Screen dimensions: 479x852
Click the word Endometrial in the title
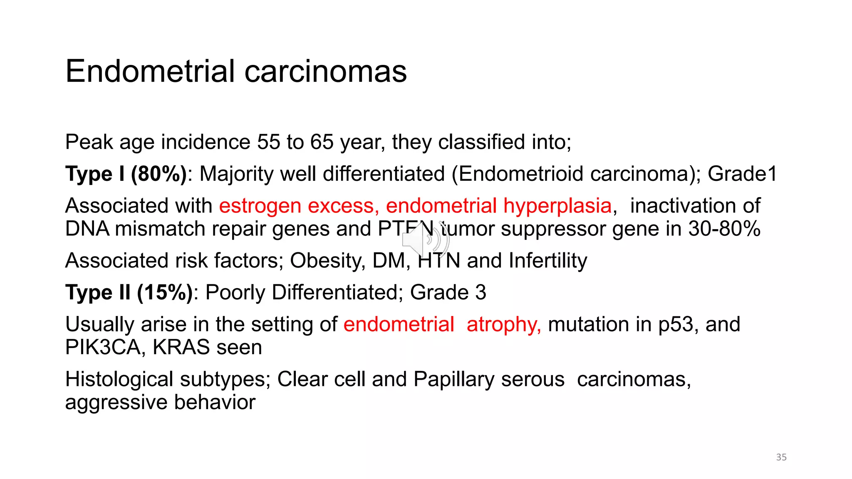pos(150,71)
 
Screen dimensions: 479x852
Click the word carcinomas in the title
pos(325,72)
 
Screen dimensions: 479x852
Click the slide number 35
pos(781,457)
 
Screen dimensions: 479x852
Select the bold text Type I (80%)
pos(126,174)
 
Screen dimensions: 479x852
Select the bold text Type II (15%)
pos(129,292)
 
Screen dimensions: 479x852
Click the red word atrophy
pos(503,325)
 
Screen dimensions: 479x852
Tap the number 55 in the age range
pos(268,142)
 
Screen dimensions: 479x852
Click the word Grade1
pos(742,174)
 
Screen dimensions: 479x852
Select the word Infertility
pos(548,261)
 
